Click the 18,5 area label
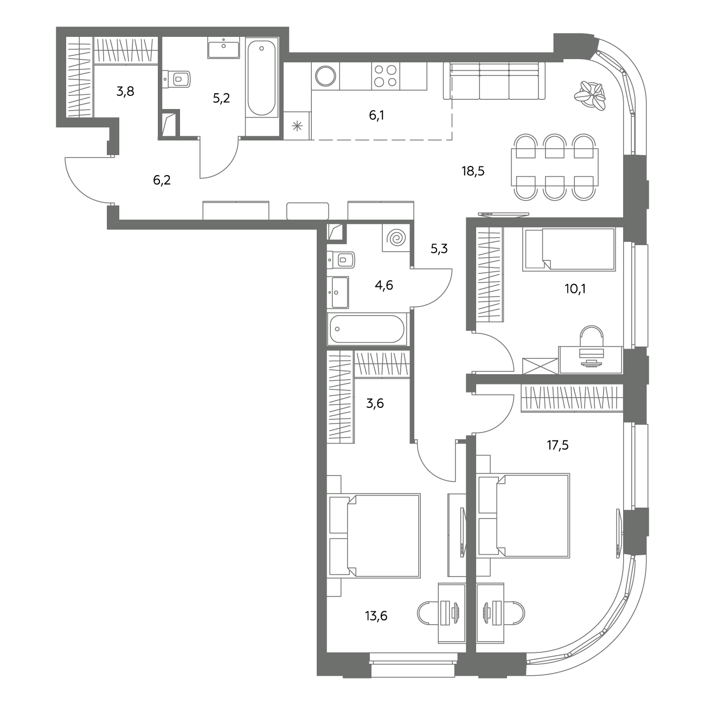pyautogui.click(x=473, y=171)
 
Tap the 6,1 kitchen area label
pyautogui.click(x=376, y=116)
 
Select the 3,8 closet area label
pyautogui.click(x=125, y=91)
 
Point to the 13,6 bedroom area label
pyautogui.click(x=376, y=616)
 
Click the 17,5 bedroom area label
pyautogui.click(x=557, y=445)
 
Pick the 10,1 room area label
pyautogui.click(x=575, y=289)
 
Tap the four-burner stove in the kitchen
pyautogui.click(x=386, y=76)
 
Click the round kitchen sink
pyautogui.click(x=325, y=76)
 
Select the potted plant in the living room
pyautogui.click(x=589, y=95)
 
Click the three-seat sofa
pyautogui.click(x=494, y=80)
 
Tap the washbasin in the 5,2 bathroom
pyautogui.click(x=223, y=48)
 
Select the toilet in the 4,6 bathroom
pyautogui.click(x=341, y=260)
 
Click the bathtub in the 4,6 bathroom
pyautogui.click(x=367, y=329)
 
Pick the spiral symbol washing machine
pyautogui.click(x=396, y=238)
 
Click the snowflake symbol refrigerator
pyautogui.click(x=297, y=126)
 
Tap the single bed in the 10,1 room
pyautogui.click(x=569, y=249)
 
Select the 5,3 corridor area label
pyautogui.click(x=439, y=249)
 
